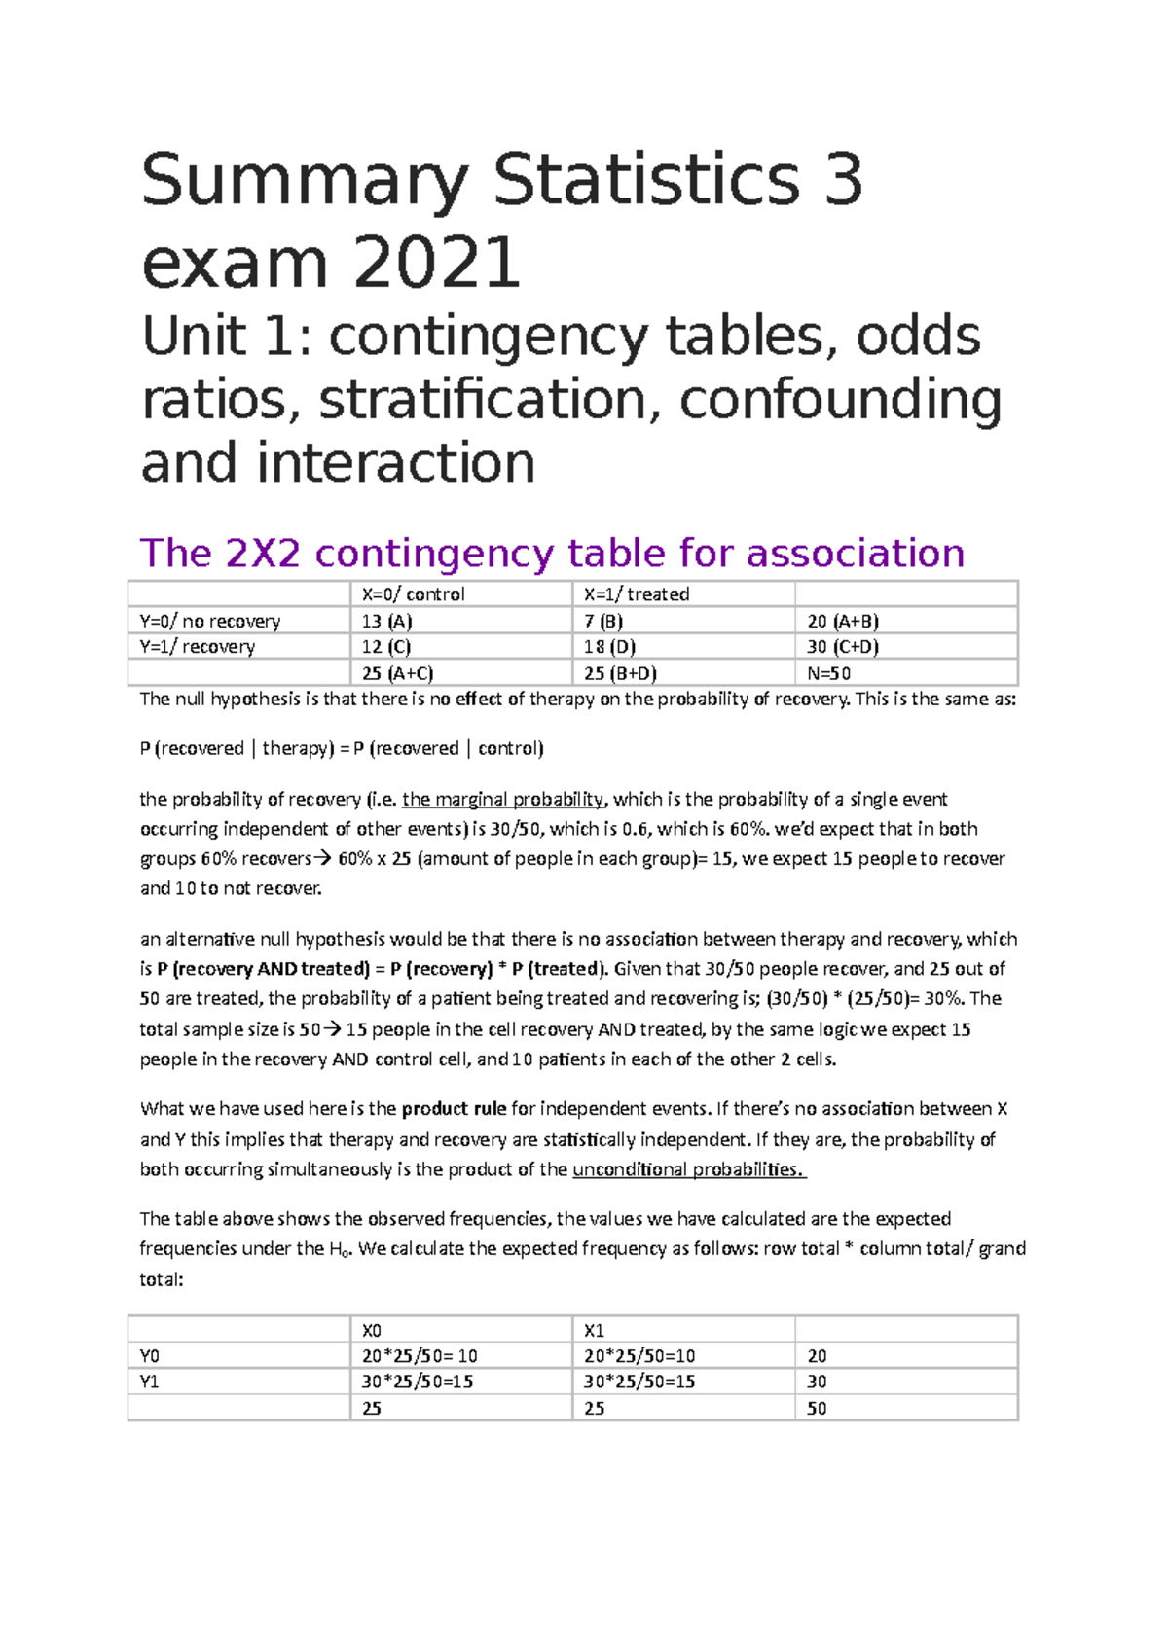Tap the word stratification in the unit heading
(x=482, y=400)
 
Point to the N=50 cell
(x=829, y=673)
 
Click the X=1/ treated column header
(x=637, y=594)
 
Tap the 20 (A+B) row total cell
(x=843, y=621)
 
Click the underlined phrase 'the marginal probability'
(x=503, y=800)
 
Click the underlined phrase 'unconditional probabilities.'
(x=689, y=1169)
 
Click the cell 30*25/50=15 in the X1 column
(x=639, y=1382)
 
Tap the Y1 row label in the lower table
(x=150, y=1382)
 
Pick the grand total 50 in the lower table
(x=817, y=1408)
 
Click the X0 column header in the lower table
(x=372, y=1330)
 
